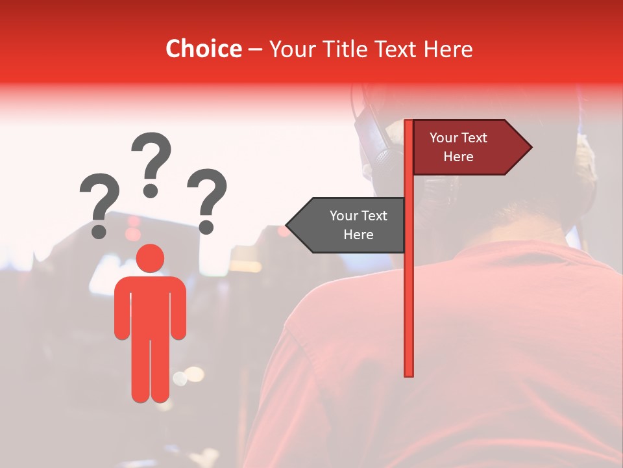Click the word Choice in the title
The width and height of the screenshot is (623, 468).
(x=203, y=49)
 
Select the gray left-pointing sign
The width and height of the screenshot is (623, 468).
(x=350, y=225)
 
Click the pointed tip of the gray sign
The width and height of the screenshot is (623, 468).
(x=287, y=225)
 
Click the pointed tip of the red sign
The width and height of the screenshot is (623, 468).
(x=530, y=147)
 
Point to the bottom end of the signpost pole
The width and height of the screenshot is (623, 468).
(x=409, y=373)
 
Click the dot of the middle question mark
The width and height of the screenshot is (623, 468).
(x=151, y=190)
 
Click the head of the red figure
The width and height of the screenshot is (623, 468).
(x=150, y=259)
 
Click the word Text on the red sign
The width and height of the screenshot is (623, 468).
(x=474, y=138)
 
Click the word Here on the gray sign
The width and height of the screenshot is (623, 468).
(x=358, y=235)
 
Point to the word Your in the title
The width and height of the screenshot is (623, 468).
(x=291, y=49)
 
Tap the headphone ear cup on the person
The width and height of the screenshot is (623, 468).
(x=376, y=146)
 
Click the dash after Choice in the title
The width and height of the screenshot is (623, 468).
(x=255, y=49)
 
